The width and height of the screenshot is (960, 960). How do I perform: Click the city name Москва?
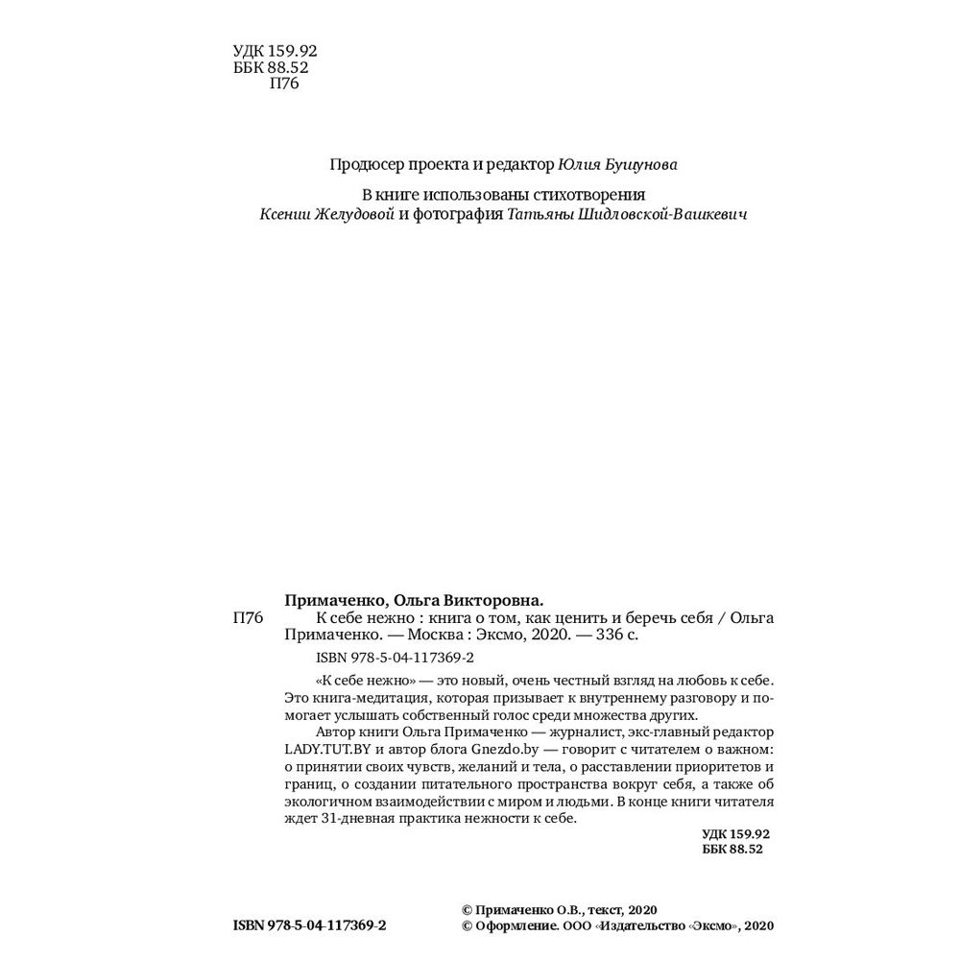434,636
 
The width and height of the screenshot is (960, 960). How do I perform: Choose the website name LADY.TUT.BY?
334,746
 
